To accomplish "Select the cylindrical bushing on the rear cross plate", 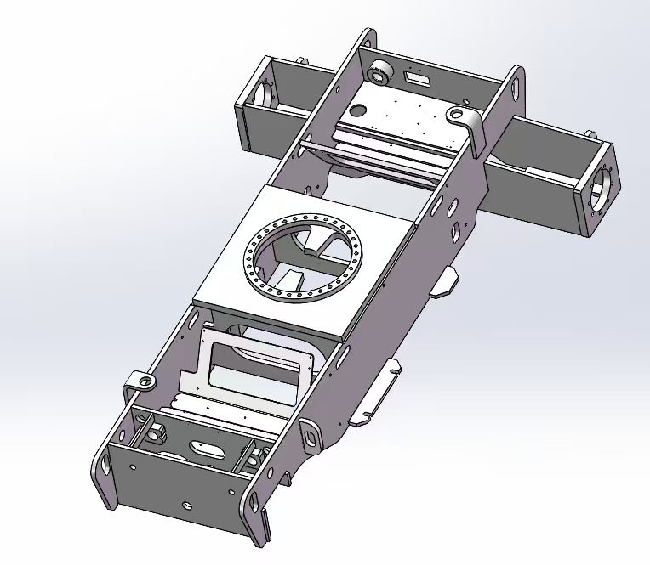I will (378, 74).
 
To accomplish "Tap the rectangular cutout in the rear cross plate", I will (417, 79).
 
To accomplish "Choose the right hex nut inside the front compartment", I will (251, 460).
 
